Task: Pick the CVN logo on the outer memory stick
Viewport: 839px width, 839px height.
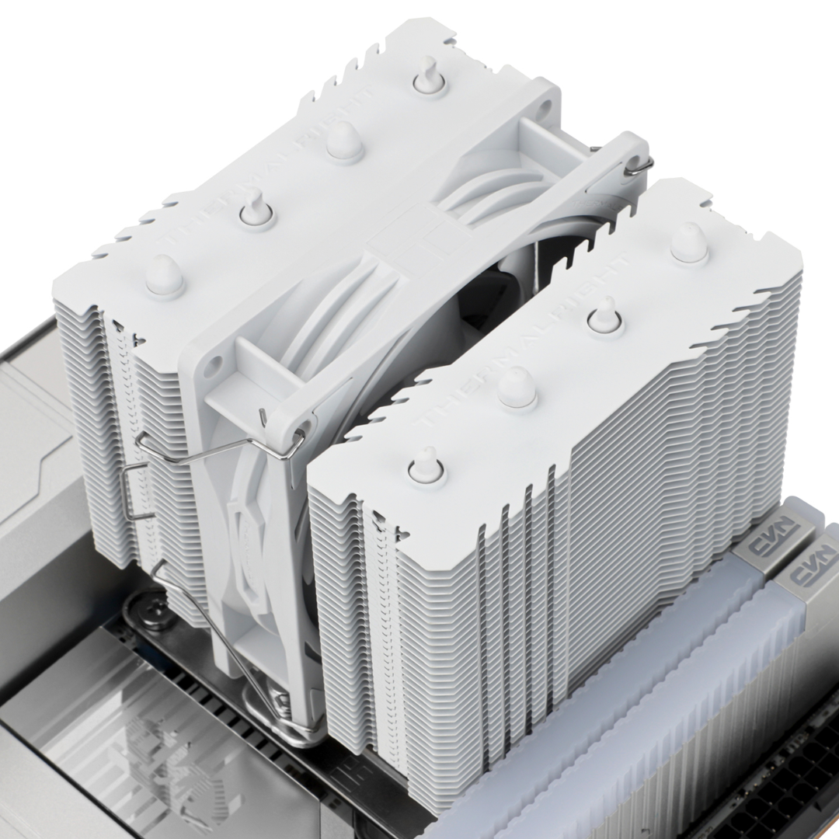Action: click(813, 575)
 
